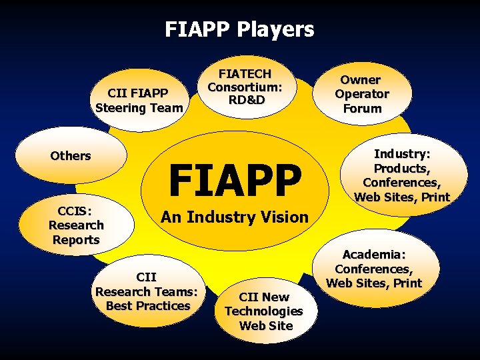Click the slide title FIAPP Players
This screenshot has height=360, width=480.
(239, 29)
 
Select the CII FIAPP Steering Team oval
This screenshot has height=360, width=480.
(139, 100)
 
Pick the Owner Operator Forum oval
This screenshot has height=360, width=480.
(362, 94)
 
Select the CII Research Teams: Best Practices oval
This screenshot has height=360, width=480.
(147, 291)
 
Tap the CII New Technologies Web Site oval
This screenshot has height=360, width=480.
(264, 311)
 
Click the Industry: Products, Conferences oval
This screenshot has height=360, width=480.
(402, 175)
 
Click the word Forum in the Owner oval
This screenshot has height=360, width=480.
(363, 109)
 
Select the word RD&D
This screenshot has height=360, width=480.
(245, 100)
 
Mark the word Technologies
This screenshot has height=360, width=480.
(264, 311)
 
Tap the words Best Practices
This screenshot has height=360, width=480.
(148, 306)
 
